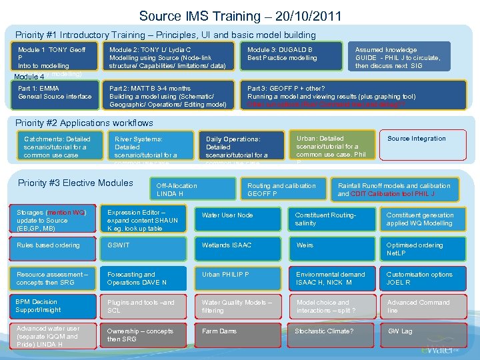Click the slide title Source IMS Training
pyautogui.click(x=240, y=15)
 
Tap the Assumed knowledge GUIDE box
pyautogui.click(x=399, y=57)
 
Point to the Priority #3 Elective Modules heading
pyautogui.click(x=75, y=183)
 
